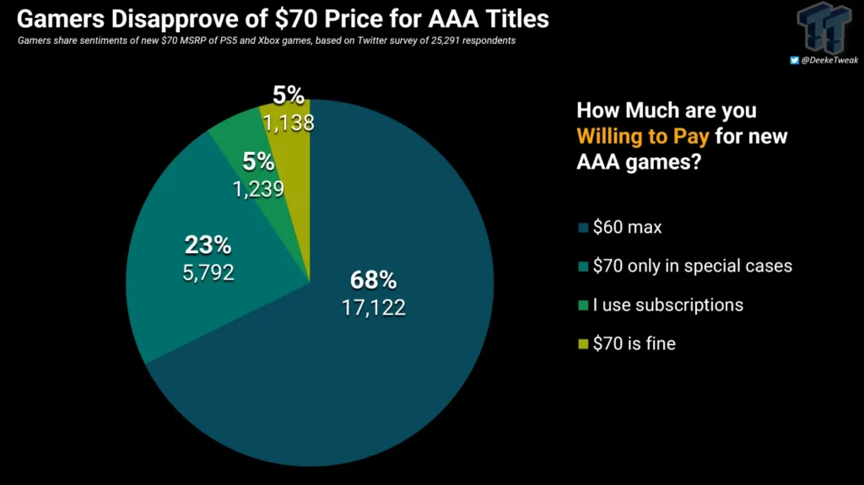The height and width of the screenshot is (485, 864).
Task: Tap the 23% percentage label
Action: pyautogui.click(x=207, y=245)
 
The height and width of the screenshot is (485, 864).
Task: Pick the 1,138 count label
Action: pyautogui.click(x=288, y=123)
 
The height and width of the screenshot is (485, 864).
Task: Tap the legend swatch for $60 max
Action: pyautogui.click(x=581, y=227)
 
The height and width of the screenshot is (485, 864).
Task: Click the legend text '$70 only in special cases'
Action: pyautogui.click(x=692, y=266)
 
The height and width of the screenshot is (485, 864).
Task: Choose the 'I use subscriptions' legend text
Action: pyautogui.click(x=667, y=304)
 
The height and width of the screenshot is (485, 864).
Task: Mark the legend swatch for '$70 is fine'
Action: pyautogui.click(x=581, y=343)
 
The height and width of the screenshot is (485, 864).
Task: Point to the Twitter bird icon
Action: pyautogui.click(x=794, y=60)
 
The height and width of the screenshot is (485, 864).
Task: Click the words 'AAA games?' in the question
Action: pyautogui.click(x=638, y=161)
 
